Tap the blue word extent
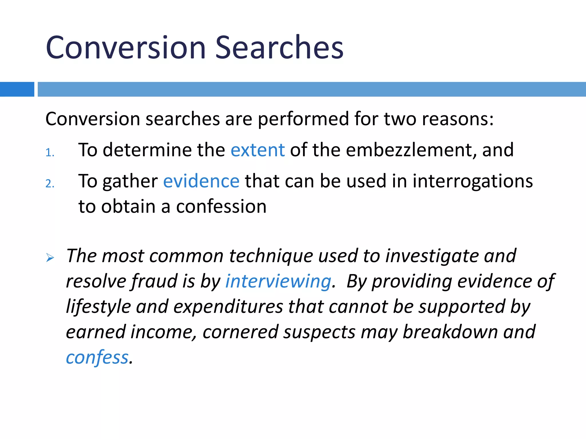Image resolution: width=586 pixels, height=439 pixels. point(258,150)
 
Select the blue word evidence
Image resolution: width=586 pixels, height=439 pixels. point(201,181)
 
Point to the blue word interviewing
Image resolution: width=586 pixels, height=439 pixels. point(278,281)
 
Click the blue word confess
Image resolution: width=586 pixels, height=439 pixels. point(97,357)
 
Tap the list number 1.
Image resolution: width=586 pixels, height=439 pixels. point(50,153)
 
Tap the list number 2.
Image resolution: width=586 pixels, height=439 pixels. point(50,183)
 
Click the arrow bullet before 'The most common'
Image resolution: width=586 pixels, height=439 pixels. point(50,258)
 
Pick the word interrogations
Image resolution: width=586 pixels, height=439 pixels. point(472,181)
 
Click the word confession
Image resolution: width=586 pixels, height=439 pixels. point(221,206)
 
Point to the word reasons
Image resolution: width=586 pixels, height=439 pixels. point(458,119)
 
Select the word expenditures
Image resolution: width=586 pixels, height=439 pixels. point(228,307)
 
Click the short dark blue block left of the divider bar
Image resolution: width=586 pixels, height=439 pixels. point(17,89)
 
